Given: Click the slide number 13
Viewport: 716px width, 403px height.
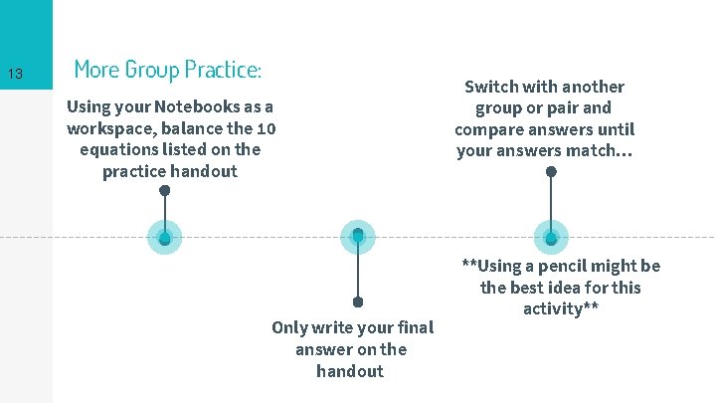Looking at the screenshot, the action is pyautogui.click(x=15, y=75).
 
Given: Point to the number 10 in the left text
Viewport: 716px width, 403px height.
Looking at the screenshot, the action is pyautogui.click(x=267, y=128).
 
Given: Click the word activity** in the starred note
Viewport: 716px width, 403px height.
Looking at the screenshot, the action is pyautogui.click(x=561, y=309).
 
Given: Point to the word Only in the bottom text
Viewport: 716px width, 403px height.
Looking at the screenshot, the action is pyautogui.click(x=289, y=327).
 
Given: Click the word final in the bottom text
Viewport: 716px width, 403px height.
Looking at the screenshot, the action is pyautogui.click(x=416, y=327).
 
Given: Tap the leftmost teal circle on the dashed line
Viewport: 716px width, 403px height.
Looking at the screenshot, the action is pyautogui.click(x=165, y=237).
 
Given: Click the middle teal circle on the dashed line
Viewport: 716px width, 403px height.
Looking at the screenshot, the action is pyautogui.click(x=358, y=237).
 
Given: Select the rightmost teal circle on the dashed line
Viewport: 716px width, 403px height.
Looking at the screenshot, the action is pyautogui.click(x=551, y=237).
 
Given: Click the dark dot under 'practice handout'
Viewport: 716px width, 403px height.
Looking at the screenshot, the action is pyautogui.click(x=165, y=190).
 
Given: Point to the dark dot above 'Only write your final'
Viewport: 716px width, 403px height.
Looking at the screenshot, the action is pyautogui.click(x=358, y=302).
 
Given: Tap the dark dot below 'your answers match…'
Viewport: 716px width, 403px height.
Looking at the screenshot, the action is pyautogui.click(x=551, y=171).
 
